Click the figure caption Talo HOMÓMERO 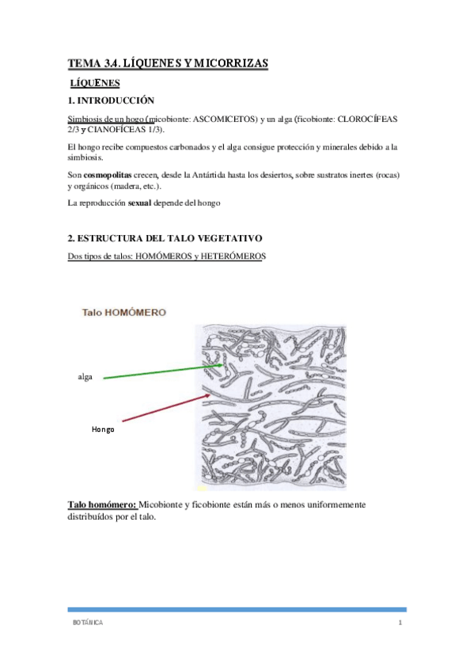tap(124, 313)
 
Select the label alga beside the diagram tap(85, 377)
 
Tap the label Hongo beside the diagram tap(103, 429)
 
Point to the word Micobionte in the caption tap(170, 505)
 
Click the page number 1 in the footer tap(401, 624)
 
